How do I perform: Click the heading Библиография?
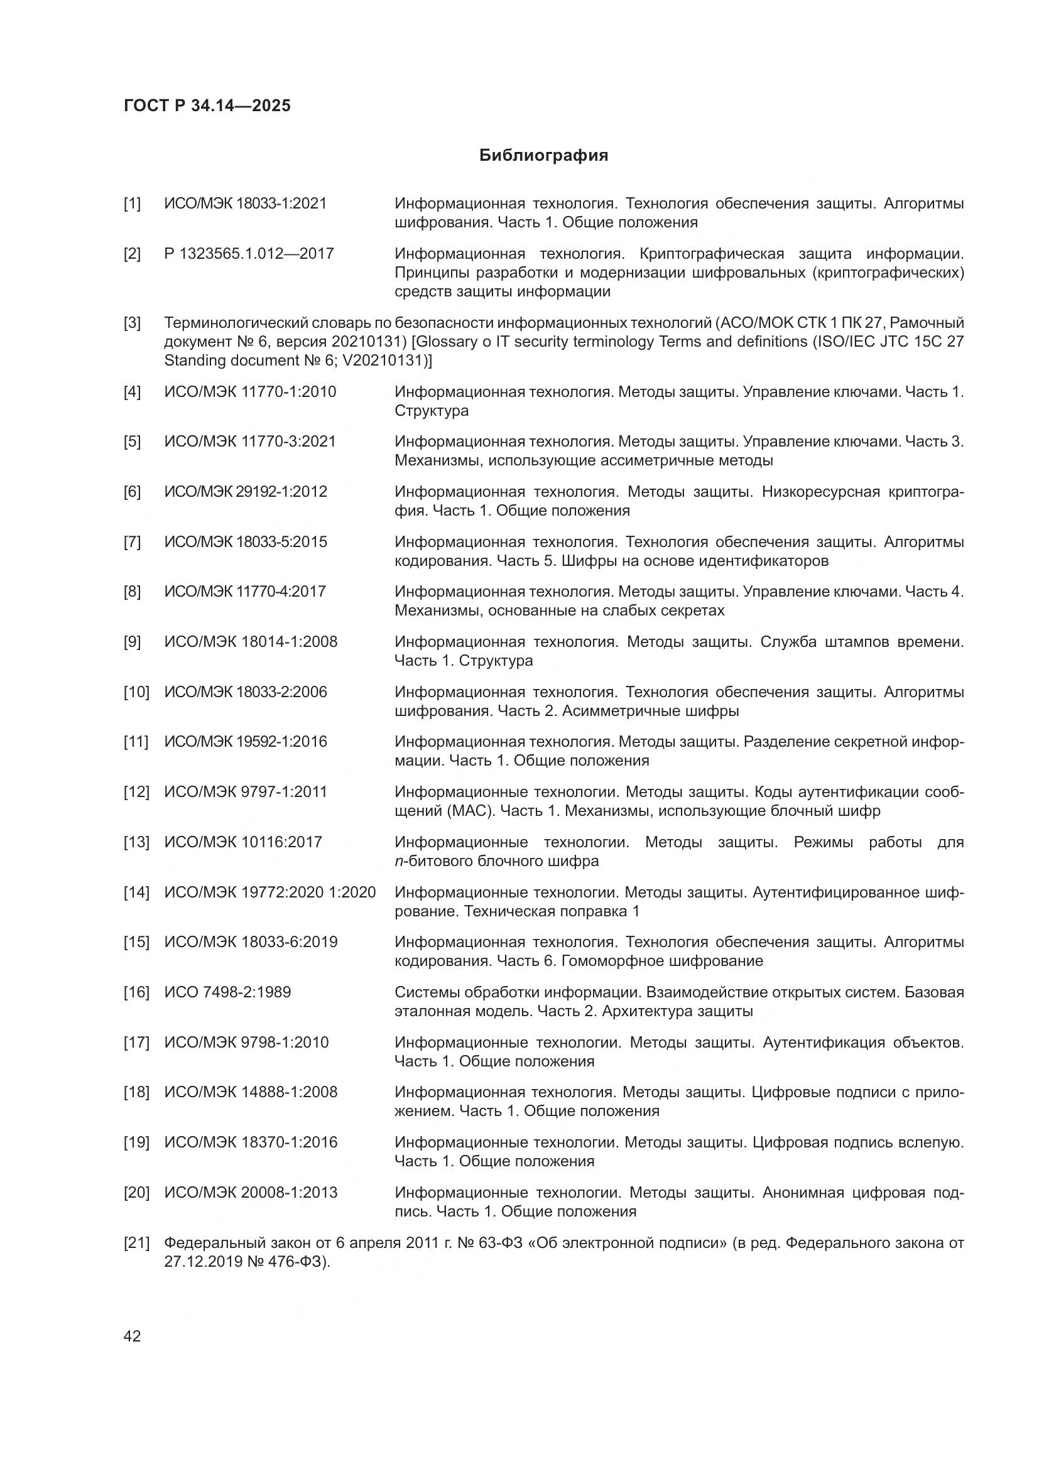tap(543, 156)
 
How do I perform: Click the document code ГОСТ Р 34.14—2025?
tap(207, 106)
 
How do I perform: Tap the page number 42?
tap(132, 1336)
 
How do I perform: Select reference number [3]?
tap(132, 323)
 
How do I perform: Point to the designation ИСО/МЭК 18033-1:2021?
tap(246, 203)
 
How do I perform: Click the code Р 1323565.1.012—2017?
tap(249, 254)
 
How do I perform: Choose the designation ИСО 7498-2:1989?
tap(227, 992)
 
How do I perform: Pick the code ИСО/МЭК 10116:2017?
tap(243, 842)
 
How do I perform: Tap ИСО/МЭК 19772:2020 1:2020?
tap(270, 892)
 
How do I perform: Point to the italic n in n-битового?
tap(398, 862)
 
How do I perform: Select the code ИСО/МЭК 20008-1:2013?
tap(251, 1193)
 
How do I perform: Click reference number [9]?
tap(132, 642)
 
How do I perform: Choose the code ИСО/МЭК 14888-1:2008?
tap(251, 1092)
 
